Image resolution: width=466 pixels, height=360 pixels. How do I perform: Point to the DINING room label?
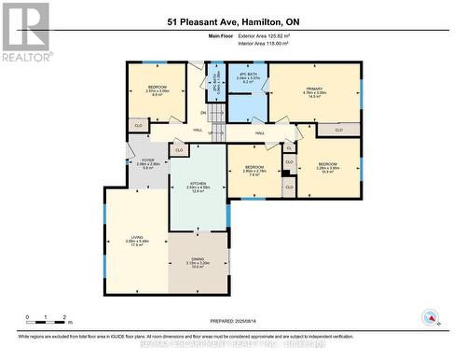(198, 262)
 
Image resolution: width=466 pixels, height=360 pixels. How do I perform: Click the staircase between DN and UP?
(215, 120)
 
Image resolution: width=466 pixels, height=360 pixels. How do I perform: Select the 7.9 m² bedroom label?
(254, 171)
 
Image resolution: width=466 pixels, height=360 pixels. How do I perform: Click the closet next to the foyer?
(177, 150)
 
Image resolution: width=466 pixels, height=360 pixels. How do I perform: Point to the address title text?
(232, 22)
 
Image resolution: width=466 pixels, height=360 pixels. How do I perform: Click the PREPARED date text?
(233, 320)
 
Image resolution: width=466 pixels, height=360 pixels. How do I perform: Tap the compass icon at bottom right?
(431, 317)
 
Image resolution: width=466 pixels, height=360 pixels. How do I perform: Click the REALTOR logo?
(26, 33)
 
